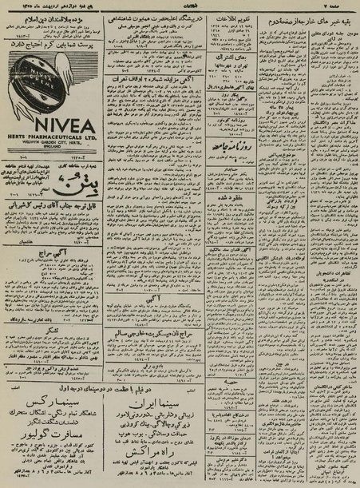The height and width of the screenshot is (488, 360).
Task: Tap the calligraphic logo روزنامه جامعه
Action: point(229,122)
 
